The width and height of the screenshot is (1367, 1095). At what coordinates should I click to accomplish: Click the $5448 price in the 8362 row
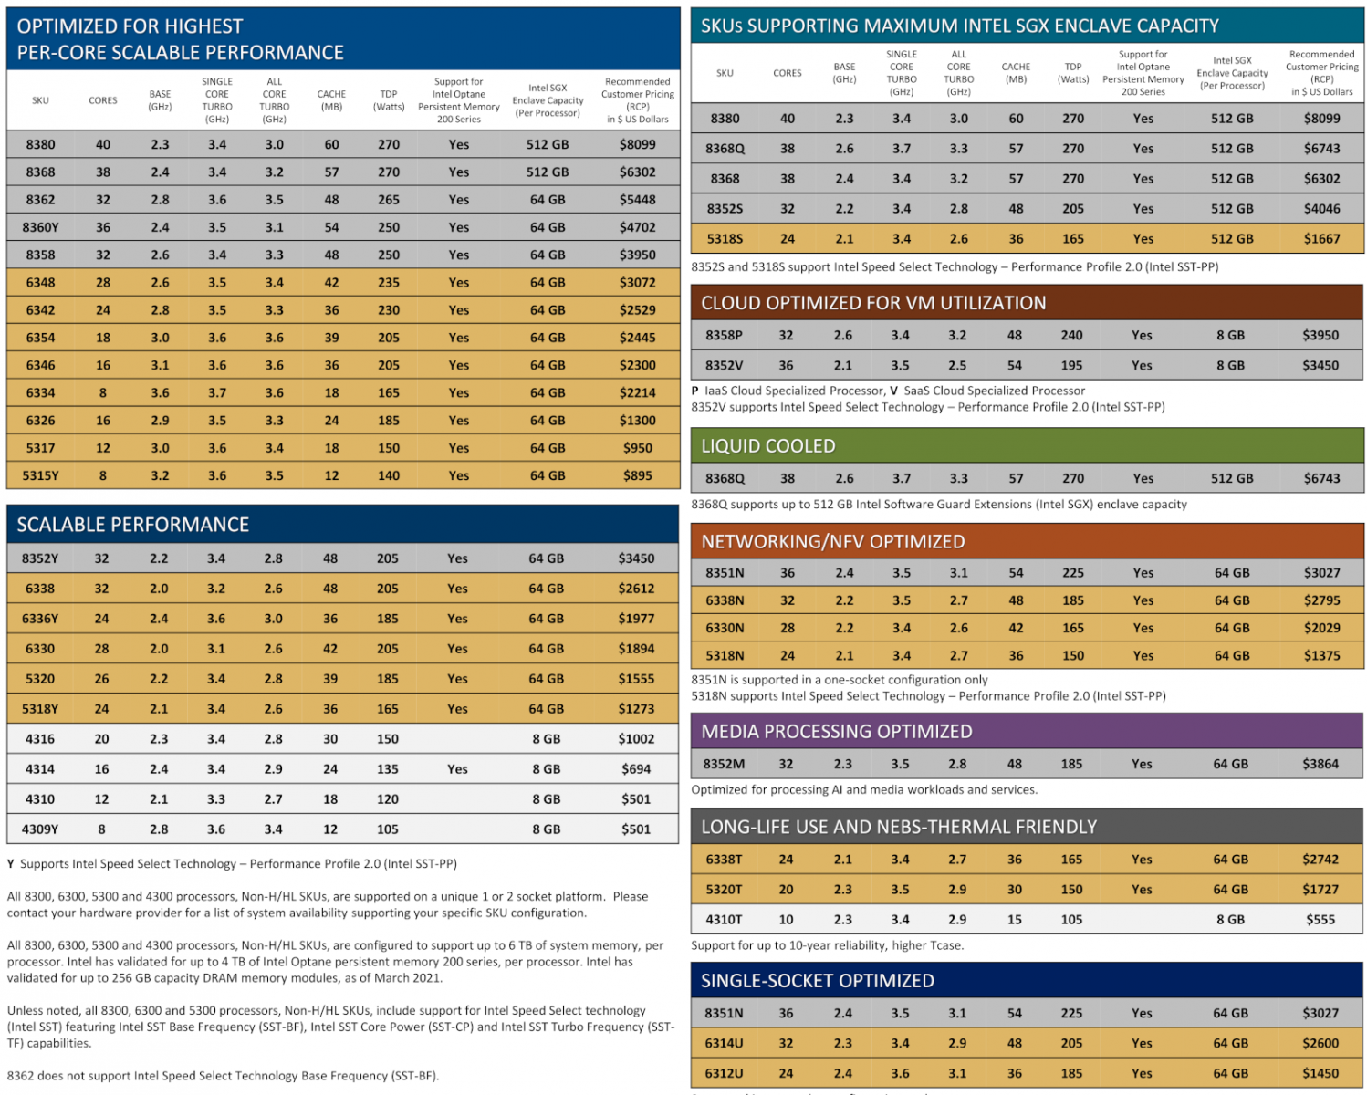click(x=636, y=200)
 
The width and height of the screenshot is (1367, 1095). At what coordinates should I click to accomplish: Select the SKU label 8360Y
click(x=41, y=227)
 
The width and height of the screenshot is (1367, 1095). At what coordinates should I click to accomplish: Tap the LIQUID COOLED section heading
click(x=768, y=446)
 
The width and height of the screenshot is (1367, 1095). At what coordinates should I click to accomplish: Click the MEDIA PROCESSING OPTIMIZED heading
click(x=837, y=731)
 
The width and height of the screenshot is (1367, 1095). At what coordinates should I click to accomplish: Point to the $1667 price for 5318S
click(x=1321, y=239)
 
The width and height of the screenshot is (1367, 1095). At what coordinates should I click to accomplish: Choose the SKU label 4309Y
click(x=40, y=829)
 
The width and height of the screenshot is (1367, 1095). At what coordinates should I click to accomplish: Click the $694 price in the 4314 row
click(x=636, y=769)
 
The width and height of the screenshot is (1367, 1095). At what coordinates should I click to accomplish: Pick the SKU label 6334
click(x=41, y=392)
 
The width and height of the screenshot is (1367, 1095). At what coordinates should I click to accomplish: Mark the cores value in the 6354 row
click(x=103, y=338)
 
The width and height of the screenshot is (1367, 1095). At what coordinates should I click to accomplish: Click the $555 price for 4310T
click(x=1320, y=919)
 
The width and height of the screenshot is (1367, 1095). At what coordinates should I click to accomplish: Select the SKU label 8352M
click(x=724, y=764)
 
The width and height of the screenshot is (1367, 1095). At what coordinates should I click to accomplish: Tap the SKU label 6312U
click(x=724, y=1073)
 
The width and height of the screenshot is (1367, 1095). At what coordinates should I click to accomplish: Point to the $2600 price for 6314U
click(x=1320, y=1043)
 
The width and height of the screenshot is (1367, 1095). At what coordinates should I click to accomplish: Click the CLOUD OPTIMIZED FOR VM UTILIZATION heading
click(x=872, y=302)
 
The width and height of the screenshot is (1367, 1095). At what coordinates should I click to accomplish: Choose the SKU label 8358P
click(x=724, y=335)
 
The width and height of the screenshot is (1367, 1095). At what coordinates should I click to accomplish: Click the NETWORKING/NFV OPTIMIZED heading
click(x=833, y=541)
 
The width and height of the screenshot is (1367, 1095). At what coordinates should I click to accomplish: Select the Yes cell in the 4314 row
click(x=457, y=769)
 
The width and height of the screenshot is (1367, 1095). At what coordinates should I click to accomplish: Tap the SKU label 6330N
click(x=725, y=628)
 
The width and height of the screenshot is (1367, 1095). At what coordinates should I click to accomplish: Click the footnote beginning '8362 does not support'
click(x=223, y=1075)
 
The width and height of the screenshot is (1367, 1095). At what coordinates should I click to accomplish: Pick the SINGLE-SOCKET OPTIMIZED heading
click(x=818, y=981)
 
